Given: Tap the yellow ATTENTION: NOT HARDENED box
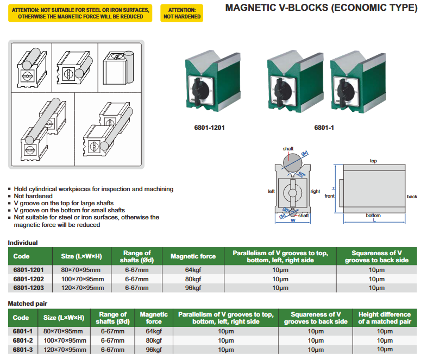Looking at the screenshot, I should tap(182, 13).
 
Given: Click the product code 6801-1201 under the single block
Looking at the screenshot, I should tap(209, 128).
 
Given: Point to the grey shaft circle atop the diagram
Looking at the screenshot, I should tap(293, 162).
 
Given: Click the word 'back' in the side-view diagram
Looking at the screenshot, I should tap(412, 197).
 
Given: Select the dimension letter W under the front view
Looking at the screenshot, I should tap(293, 222).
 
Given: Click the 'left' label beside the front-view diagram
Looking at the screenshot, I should tap(271, 191).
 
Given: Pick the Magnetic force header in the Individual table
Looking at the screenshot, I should tap(193, 256).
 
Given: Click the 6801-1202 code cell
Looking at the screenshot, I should tap(29, 279).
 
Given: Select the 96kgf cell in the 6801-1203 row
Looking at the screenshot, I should tap(193, 288).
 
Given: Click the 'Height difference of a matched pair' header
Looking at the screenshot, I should tap(384, 318).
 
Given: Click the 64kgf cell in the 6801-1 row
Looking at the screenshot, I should tap(154, 331).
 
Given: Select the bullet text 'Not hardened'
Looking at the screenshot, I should tap(33, 196).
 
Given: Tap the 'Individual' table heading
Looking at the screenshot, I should tap(22, 243).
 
